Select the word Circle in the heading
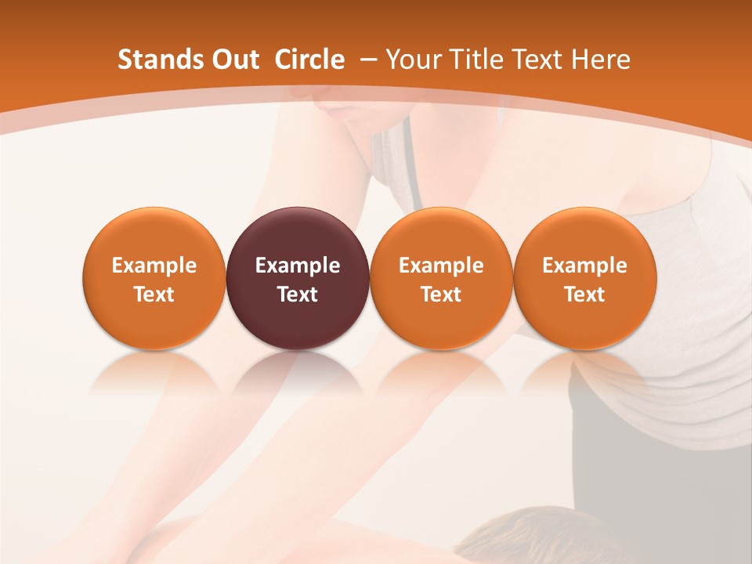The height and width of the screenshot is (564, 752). [x=309, y=60]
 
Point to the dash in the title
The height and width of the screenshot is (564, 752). [x=367, y=60]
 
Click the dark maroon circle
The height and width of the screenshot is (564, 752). [x=298, y=235]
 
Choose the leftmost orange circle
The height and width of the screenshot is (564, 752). [x=154, y=235]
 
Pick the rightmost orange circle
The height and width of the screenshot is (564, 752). [x=585, y=235]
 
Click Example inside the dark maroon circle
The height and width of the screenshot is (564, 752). [x=298, y=266]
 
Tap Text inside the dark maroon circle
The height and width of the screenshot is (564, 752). [x=298, y=295]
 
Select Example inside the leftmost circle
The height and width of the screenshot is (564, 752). [x=154, y=266]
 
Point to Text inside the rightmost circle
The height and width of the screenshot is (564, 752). [x=585, y=295]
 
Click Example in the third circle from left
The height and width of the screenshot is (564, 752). [x=441, y=266]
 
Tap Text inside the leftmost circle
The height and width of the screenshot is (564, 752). [x=154, y=295]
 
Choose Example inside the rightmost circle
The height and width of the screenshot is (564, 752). [x=585, y=266]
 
